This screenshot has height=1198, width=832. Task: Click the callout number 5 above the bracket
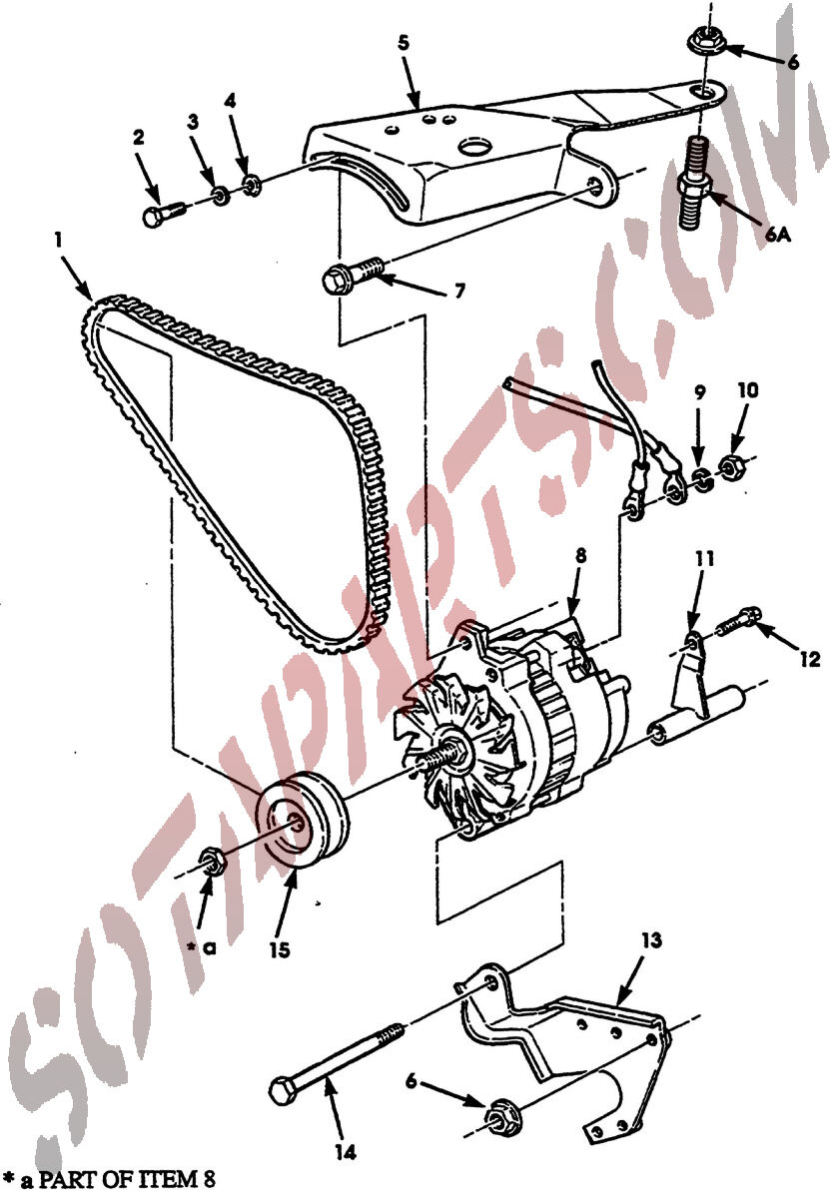click(404, 43)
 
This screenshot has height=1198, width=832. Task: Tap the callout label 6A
click(777, 235)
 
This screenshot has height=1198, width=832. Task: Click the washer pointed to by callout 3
click(221, 196)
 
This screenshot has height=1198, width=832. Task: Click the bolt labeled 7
click(353, 274)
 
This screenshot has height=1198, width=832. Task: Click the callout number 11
click(705, 560)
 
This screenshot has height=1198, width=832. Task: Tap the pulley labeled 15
click(303, 820)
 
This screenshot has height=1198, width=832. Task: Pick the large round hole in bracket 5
click(474, 147)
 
